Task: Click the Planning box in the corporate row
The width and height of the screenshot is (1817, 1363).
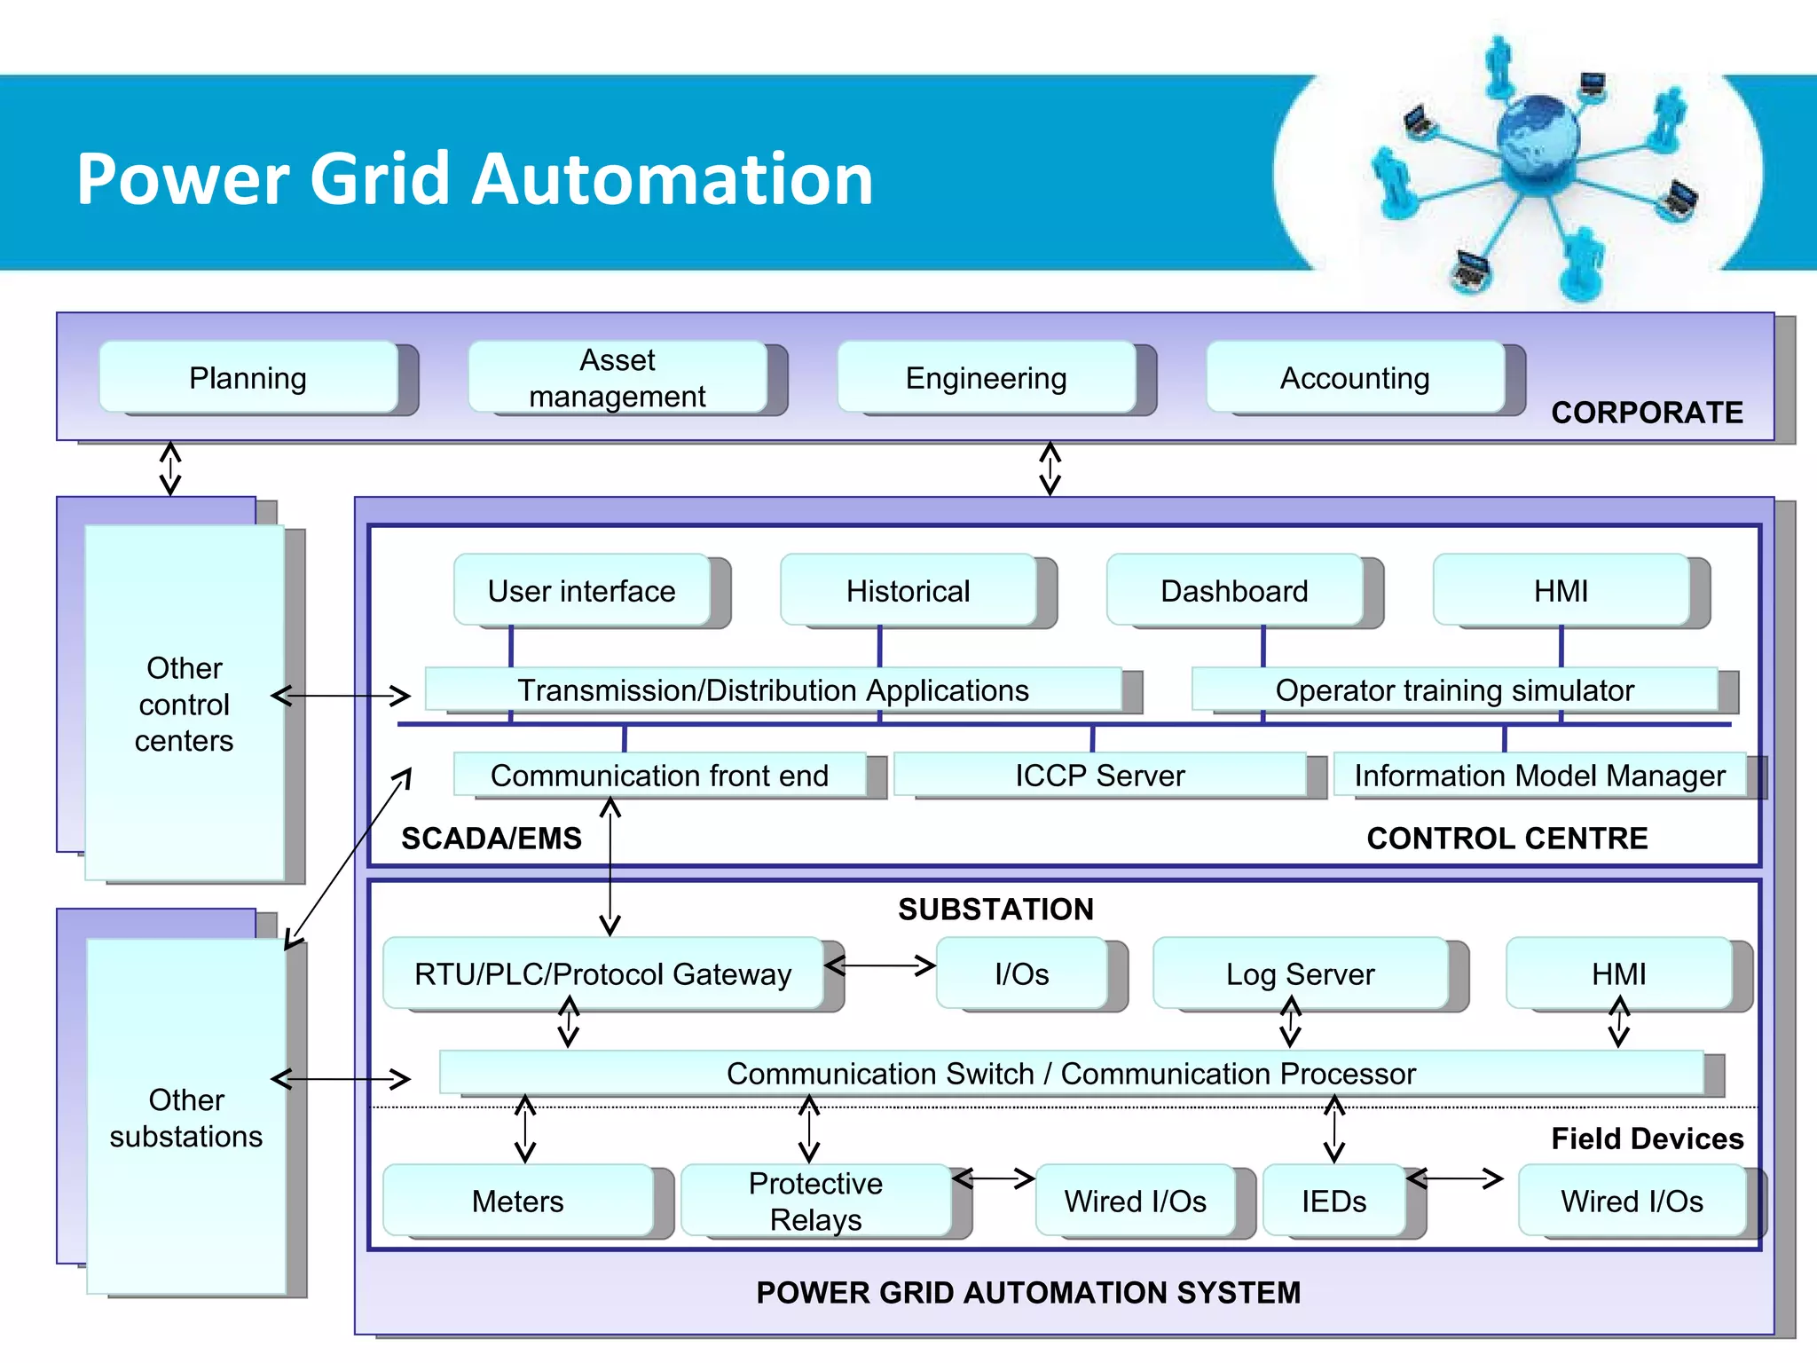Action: point(248,378)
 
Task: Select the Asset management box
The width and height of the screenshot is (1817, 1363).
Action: point(617,378)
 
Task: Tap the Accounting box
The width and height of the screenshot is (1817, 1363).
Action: point(1355,378)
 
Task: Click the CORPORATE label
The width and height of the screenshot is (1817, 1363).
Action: point(1647,413)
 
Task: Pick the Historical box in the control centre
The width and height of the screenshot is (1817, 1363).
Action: point(908,591)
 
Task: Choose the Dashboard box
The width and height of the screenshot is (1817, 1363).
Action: point(1234,591)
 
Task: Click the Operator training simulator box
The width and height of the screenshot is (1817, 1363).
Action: point(1454,690)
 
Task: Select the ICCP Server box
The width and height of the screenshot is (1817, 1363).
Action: point(1099,776)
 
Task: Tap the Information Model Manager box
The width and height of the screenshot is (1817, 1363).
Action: point(1539,776)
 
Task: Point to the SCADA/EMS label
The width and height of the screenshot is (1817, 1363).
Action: point(492,839)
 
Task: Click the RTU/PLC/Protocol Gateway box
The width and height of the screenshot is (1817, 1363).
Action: point(603,974)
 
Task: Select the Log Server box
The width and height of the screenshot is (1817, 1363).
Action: point(1300,974)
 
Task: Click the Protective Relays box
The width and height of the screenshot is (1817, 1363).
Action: point(815,1201)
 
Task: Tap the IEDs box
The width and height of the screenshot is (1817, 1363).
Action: point(1333,1201)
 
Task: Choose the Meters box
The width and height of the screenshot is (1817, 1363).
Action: point(518,1201)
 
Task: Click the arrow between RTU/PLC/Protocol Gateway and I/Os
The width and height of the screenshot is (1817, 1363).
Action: point(880,965)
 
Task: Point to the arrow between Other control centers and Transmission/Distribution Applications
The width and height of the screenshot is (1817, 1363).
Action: point(341,696)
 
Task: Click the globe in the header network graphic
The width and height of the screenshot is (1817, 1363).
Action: point(1538,138)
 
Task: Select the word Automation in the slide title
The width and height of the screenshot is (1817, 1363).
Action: point(673,179)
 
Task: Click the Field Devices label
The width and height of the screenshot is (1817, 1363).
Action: point(1647,1138)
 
